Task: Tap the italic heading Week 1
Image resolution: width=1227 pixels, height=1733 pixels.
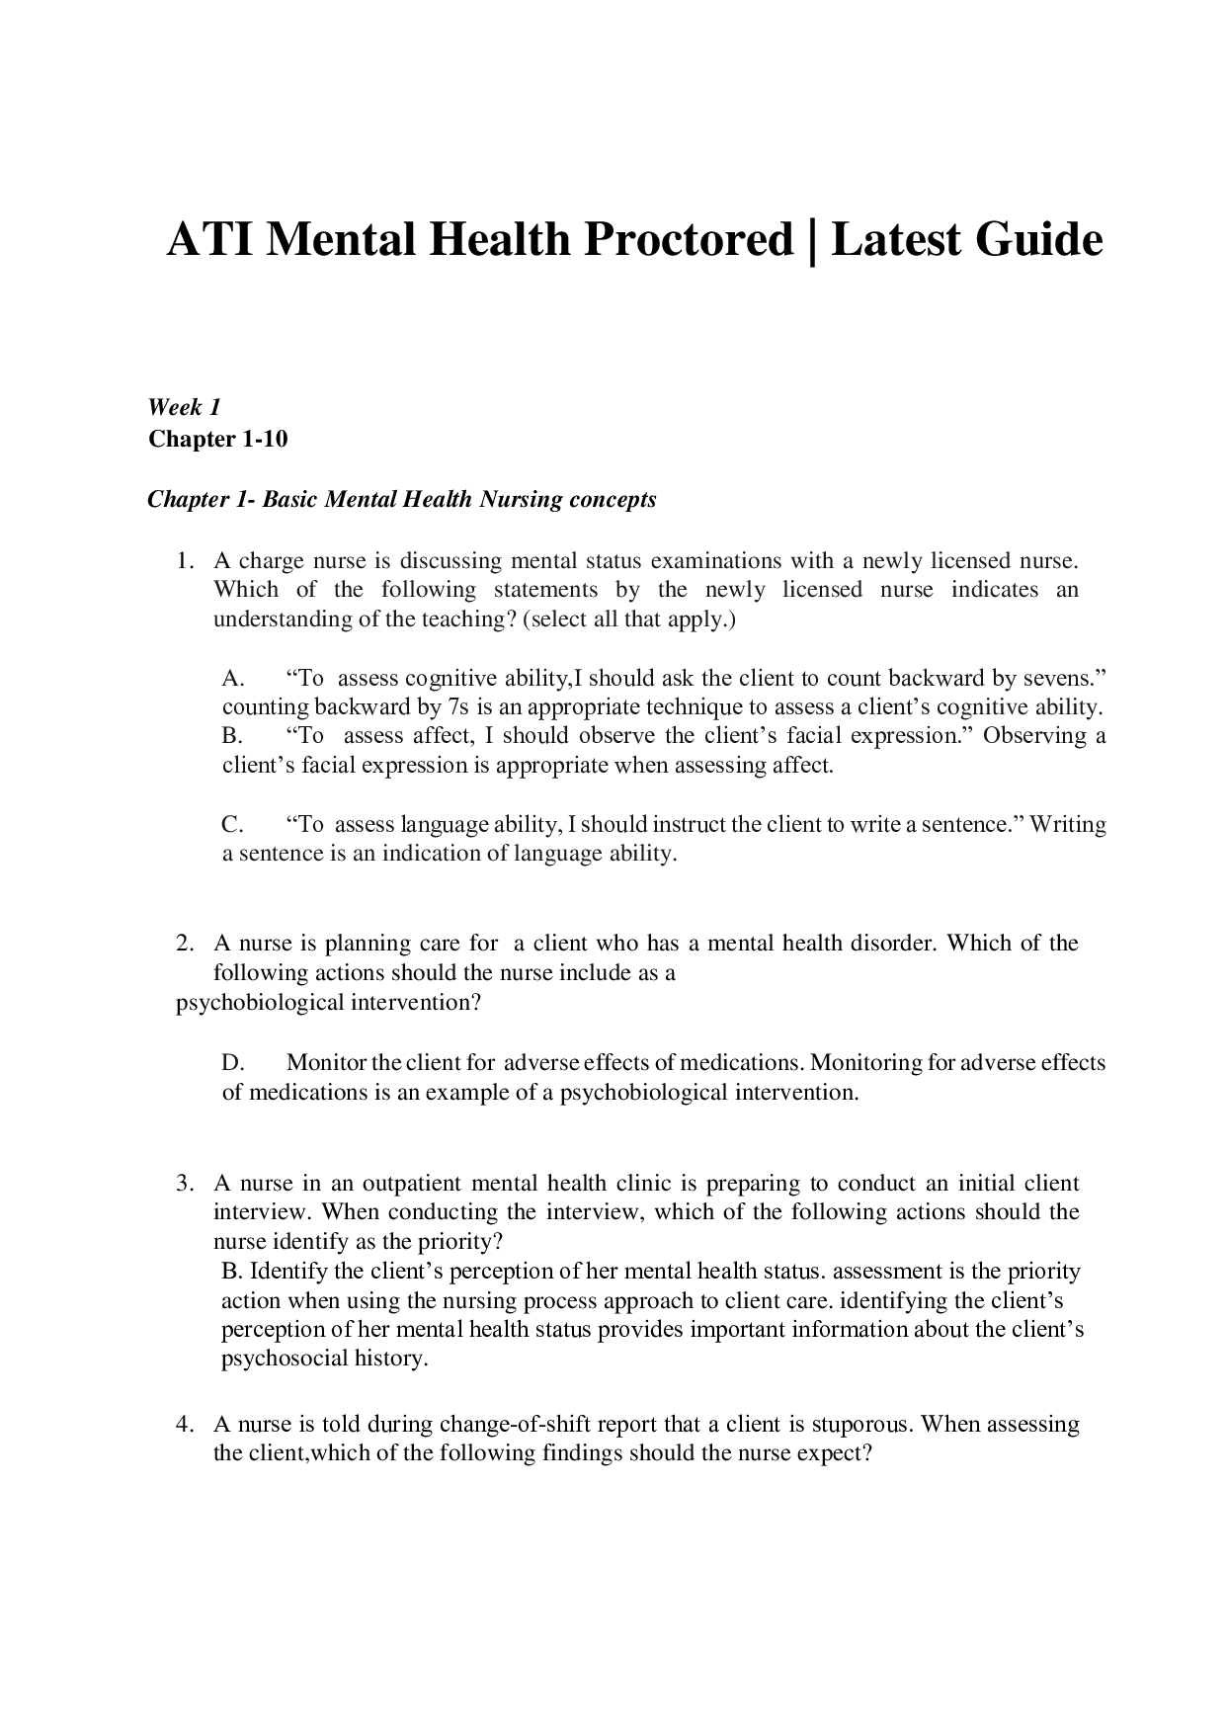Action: click(x=184, y=407)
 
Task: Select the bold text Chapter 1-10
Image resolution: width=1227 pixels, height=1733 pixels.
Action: click(x=217, y=439)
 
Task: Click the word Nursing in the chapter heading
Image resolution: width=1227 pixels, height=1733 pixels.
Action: click(x=523, y=499)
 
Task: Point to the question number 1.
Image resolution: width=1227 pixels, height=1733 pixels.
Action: click(x=183, y=561)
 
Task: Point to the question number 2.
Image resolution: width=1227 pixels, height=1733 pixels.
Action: click(x=183, y=944)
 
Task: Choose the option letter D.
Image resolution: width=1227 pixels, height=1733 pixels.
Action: click(x=232, y=1063)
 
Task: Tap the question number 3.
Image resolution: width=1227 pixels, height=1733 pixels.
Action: click(x=183, y=1184)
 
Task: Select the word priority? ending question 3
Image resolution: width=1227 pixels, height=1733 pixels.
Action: click(x=458, y=1242)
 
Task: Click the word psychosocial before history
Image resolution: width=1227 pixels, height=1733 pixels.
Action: click(x=285, y=1359)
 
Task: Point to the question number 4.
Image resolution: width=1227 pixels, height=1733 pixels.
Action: click(x=183, y=1425)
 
